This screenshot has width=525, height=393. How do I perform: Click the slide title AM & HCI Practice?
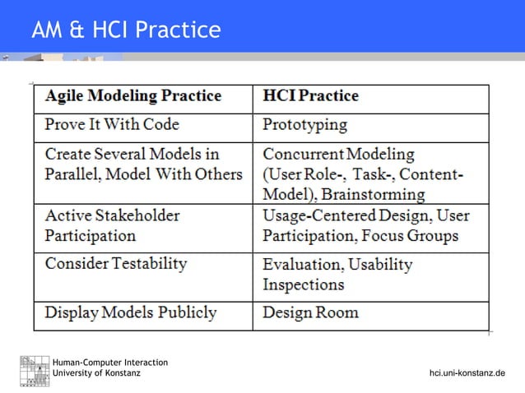(126, 30)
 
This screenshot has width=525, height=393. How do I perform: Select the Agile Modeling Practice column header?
(132, 96)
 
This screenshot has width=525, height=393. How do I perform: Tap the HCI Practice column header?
(310, 96)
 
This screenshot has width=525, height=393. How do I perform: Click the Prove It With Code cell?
(112, 126)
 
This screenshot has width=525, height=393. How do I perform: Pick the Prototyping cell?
(304, 126)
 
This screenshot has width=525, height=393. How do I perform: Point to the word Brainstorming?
(374, 195)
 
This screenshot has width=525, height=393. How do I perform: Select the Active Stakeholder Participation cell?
(112, 225)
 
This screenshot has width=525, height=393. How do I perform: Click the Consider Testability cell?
(116, 264)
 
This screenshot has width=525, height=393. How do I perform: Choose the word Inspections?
(303, 285)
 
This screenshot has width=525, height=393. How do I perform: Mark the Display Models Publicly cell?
(131, 313)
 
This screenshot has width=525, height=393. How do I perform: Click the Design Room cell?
(310, 313)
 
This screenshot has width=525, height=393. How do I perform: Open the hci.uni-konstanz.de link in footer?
(467, 374)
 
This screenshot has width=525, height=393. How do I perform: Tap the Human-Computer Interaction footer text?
(110, 363)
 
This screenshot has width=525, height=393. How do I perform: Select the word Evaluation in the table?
(300, 265)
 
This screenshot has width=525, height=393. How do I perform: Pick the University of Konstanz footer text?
(96, 373)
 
